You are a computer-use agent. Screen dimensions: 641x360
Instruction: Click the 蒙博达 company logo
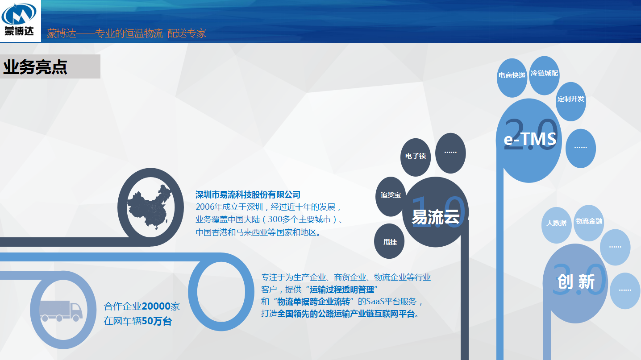[19, 20]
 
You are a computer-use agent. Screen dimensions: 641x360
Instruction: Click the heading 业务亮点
[35, 67]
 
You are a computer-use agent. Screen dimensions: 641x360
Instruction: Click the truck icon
[61, 311]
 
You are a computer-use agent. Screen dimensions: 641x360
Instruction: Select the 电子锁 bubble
[416, 157]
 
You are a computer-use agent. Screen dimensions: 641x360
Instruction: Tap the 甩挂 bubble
[389, 242]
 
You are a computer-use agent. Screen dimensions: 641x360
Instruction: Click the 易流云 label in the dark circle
[436, 217]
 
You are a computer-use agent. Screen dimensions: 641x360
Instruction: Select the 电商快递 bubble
[512, 78]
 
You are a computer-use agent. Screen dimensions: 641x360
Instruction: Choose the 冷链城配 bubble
[544, 75]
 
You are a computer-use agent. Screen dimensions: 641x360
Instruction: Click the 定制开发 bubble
[570, 102]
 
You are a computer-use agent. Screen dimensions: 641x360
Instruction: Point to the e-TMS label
[530, 139]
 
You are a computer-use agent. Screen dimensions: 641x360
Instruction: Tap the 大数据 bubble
[556, 225]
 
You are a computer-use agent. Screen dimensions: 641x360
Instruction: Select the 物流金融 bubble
[589, 223]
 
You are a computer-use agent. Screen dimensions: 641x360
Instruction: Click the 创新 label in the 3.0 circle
[576, 281]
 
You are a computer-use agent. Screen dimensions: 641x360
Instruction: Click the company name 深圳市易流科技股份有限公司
[248, 195]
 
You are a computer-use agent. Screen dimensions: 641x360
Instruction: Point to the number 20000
[156, 306]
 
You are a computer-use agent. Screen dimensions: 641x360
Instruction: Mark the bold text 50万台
[157, 321]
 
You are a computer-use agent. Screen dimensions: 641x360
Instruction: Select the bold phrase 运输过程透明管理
[342, 290]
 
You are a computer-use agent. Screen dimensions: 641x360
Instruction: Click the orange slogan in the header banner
[126, 33]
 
